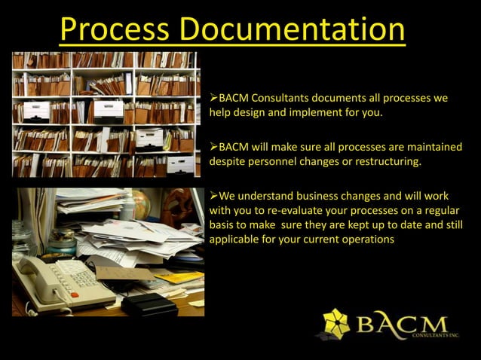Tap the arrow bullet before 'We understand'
pyautogui.click(x=213, y=196)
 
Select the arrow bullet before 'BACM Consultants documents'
pyautogui.click(x=213, y=99)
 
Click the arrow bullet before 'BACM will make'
pyautogui.click(x=213, y=146)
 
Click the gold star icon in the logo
pyautogui.click(x=335, y=323)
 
